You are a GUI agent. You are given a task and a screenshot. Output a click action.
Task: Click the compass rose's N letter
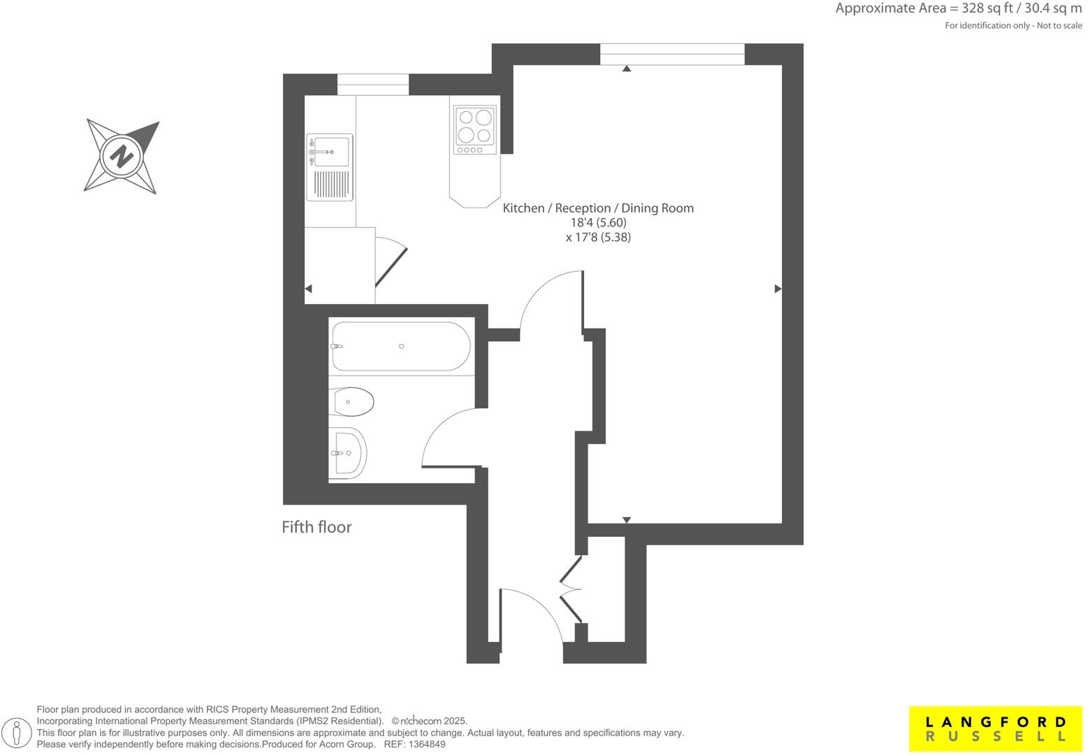pos(122,155)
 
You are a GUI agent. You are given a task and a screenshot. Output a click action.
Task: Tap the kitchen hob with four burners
pos(475,129)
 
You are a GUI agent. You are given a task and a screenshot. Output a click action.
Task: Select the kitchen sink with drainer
pos(330,167)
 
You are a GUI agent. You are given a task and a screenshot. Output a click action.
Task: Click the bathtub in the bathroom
pos(400,346)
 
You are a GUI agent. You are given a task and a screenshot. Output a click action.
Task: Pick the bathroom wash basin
pos(348,453)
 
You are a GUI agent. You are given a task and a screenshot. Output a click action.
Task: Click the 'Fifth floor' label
pos(316,527)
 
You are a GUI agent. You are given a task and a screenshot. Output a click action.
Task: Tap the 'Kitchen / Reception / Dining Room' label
pos(598,208)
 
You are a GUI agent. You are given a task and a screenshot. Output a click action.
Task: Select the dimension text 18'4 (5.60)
pos(598,223)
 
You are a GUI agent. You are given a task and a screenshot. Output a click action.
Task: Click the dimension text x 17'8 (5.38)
pos(598,238)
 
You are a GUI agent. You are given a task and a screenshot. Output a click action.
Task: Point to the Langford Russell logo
pos(996,728)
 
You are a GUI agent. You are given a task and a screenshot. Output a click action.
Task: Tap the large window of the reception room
pos(672,54)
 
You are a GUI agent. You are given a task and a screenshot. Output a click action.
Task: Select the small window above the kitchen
pos(373,84)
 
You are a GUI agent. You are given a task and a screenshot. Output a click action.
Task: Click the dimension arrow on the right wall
pos(778,289)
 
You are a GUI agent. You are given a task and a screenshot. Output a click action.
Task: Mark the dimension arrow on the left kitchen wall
pos(309,289)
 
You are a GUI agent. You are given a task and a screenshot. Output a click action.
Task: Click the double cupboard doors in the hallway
pos(572,589)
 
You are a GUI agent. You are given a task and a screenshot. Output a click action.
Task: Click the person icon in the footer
pos(22,733)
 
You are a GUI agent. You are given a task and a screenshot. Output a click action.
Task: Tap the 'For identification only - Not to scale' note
pos(1013,26)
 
